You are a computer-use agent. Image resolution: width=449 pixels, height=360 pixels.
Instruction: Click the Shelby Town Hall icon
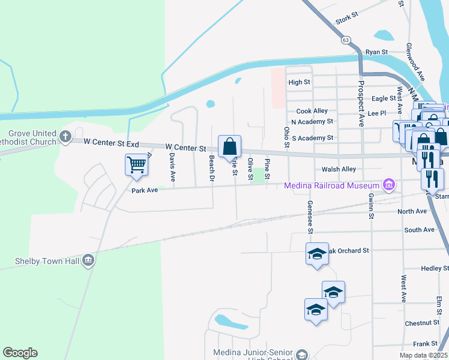coord(88,260)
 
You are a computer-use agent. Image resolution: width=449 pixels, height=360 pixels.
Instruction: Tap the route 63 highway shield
coord(345,40)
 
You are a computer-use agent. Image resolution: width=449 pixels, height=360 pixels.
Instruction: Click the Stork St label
coord(347,20)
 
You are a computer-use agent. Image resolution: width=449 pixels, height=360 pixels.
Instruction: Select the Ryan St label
coord(377,52)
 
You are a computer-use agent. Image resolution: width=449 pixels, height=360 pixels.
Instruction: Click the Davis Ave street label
coord(172,167)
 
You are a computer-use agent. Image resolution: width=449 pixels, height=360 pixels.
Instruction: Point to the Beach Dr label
coord(211,169)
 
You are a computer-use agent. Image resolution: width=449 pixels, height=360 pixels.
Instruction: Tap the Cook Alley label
coord(312,111)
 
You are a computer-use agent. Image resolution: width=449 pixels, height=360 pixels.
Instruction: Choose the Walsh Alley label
coord(339,169)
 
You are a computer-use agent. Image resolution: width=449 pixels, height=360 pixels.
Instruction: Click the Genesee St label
coord(310,217)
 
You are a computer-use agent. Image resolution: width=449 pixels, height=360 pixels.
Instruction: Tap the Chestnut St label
coord(422,323)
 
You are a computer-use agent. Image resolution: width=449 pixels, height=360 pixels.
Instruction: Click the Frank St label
coord(425,344)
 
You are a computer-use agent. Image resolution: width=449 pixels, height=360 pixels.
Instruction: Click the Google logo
coord(20,353)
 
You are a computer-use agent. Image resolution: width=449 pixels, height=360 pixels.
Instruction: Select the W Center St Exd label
coord(112,143)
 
